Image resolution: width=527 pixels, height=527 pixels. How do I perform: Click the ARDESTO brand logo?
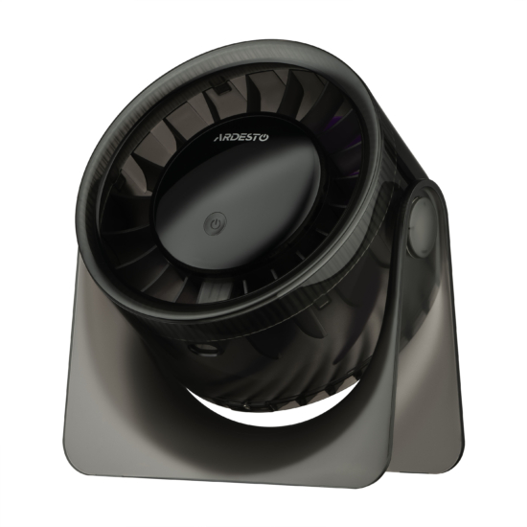pos(241,137)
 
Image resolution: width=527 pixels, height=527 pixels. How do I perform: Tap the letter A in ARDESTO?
pos(218,138)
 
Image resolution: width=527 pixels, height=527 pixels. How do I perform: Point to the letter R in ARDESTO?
pos(225,138)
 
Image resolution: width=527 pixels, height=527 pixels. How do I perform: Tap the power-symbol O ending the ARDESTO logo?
pos(264,137)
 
